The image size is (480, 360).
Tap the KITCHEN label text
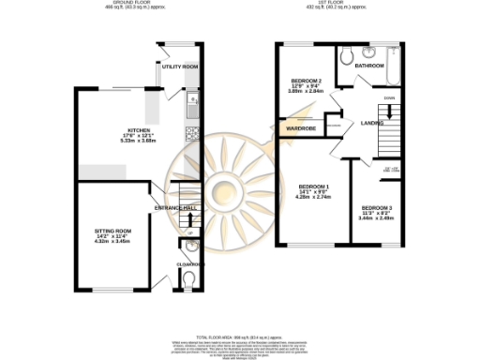[127, 130]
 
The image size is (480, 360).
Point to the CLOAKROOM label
[191, 265]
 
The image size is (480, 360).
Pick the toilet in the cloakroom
[191, 278]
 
